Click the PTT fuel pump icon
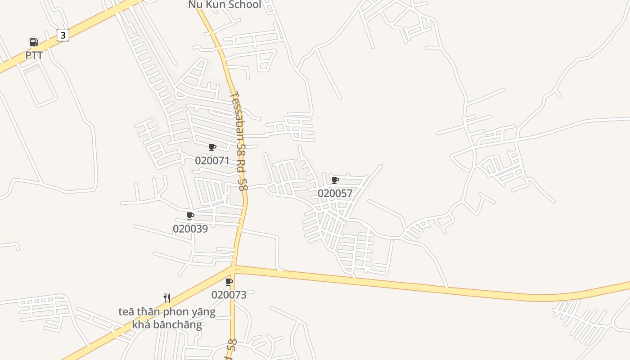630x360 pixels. pos(34,42)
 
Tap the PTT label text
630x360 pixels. pos(34,55)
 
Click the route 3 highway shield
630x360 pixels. pos(63,35)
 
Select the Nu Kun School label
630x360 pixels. pos(224,5)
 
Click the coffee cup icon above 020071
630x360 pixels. pos(212,147)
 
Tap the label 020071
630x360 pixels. pos(212,161)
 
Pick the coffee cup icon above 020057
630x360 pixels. pos(335,180)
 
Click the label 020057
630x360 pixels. pos(335,193)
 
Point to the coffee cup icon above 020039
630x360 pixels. pos(190,216)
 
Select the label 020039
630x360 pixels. pos(190,229)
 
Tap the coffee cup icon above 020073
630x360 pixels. pos(229,282)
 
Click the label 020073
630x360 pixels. pos(229,295)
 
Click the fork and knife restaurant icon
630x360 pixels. pos(167,298)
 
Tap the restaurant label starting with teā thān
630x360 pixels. pos(167,318)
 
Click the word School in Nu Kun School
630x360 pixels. pos(243,5)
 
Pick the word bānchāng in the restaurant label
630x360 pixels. pos(177,324)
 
